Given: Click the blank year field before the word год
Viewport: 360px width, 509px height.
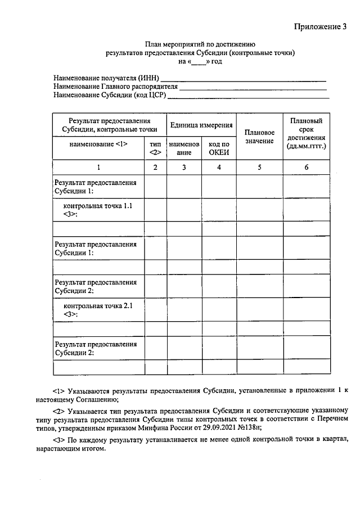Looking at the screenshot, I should click(198, 61).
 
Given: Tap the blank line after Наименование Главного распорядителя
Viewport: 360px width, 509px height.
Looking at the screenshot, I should click(253, 87).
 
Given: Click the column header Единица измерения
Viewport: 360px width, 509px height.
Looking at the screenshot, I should click(201, 125).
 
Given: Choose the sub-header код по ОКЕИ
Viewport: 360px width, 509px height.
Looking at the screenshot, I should click(219, 148).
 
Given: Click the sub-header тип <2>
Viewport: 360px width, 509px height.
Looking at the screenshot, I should click(155, 148).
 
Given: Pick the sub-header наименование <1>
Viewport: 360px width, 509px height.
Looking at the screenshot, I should click(98, 144).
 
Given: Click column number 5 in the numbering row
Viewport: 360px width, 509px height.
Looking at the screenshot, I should click(259, 167).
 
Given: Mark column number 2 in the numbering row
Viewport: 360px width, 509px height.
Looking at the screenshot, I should click(155, 167).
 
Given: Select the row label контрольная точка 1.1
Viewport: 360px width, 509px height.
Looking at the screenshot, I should click(98, 206).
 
